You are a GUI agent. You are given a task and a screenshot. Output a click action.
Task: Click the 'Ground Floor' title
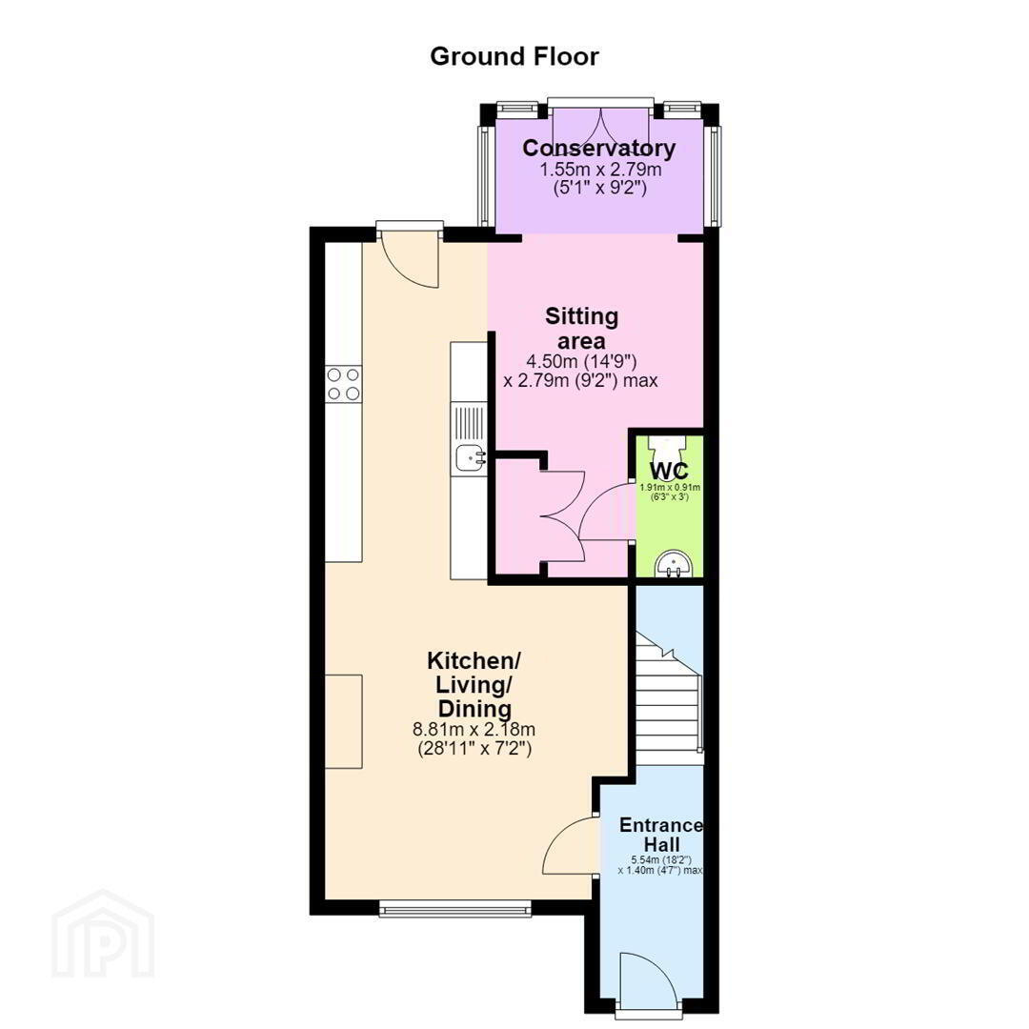[x=514, y=57]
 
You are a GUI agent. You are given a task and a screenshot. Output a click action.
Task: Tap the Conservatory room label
[x=598, y=149]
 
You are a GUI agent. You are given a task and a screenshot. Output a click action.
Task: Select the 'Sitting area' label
[x=581, y=329]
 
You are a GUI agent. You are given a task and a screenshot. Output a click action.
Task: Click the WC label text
[x=669, y=471]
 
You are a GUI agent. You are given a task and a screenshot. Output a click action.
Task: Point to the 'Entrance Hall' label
[x=661, y=835]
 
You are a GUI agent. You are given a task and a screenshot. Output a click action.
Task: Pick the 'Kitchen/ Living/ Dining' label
[x=474, y=684]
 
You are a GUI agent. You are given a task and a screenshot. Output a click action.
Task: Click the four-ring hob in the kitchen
[x=344, y=385]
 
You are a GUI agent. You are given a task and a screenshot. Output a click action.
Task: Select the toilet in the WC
[x=667, y=450]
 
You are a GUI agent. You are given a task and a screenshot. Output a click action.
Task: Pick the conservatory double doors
[x=600, y=128]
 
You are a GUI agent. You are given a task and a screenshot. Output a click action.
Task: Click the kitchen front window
[x=454, y=908]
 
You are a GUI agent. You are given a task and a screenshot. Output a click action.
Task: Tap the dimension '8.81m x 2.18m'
[x=474, y=729]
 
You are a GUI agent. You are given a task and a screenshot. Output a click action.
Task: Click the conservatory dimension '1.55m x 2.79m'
[x=600, y=170]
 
